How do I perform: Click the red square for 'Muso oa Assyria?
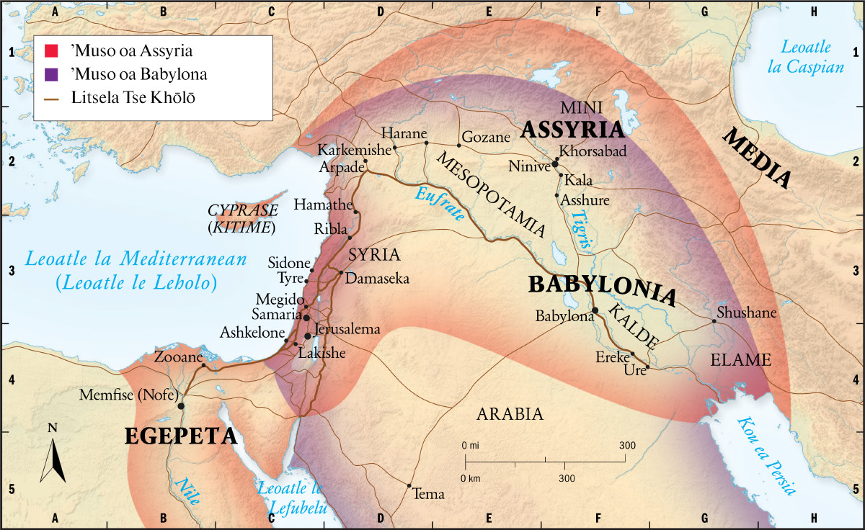pos(50,51)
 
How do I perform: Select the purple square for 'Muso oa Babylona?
pos(50,74)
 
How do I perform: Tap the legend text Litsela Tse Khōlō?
pos(133,97)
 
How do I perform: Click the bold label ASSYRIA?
pos(572,130)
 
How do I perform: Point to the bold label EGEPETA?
pos(181,436)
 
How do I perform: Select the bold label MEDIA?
pos(757,158)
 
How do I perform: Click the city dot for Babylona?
pos(595,310)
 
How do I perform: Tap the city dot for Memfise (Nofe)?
pos(181,406)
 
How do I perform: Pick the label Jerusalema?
pos(348,329)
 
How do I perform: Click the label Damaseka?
pos(378,278)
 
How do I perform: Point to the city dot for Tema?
pos(409,485)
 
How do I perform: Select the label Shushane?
pos(746,313)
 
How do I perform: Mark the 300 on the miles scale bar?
pos(626,445)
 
